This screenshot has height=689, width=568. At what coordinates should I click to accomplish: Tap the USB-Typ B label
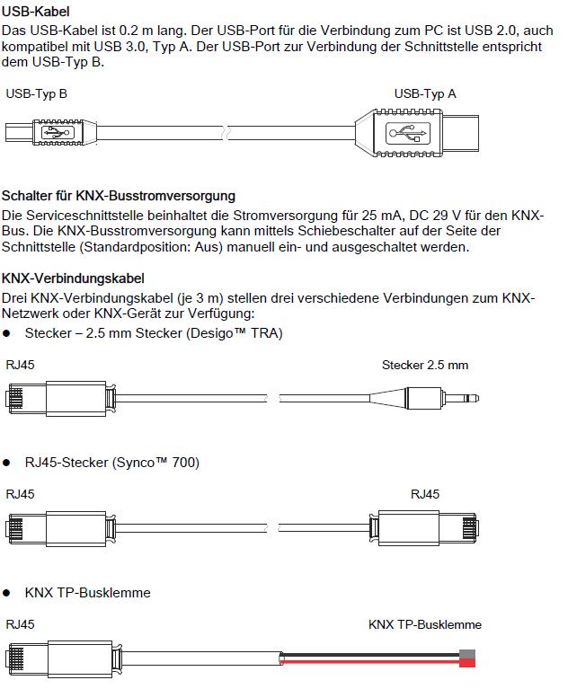tap(37, 93)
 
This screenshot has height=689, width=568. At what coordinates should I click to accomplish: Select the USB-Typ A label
tap(425, 93)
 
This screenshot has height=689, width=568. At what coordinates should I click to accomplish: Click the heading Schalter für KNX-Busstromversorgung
tap(119, 195)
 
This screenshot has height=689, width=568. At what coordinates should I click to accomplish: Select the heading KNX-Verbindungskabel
tap(74, 278)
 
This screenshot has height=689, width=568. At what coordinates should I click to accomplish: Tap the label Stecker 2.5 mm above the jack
tap(425, 366)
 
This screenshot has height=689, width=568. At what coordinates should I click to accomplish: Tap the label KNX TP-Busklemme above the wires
tap(425, 624)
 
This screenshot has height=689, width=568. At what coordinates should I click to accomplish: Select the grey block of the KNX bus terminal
tap(467, 655)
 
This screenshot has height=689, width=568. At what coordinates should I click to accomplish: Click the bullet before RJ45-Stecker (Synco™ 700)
tap(7, 464)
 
